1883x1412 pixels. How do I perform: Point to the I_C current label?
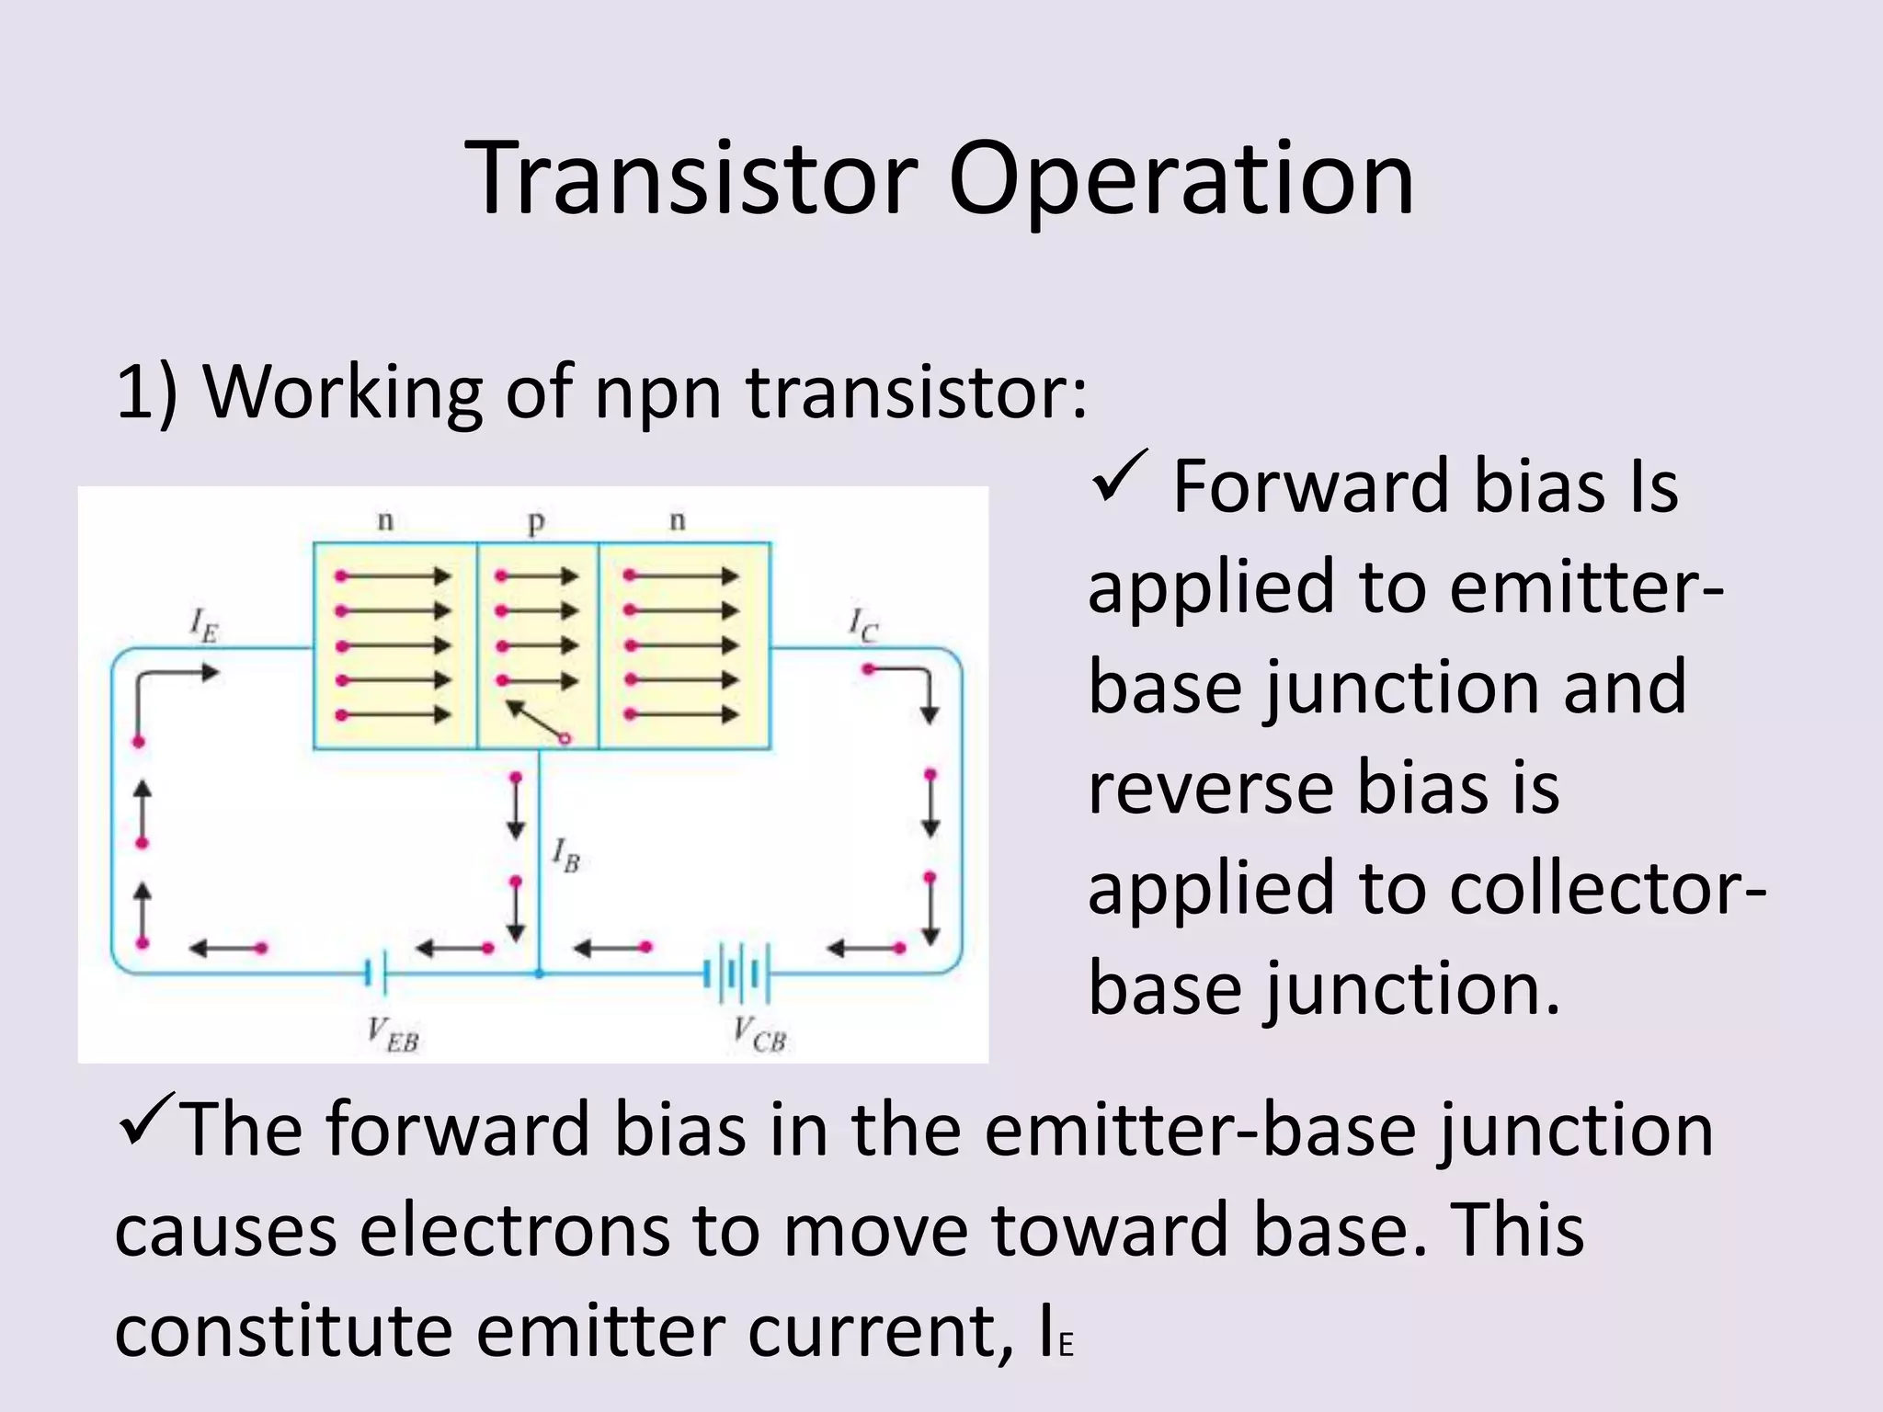point(862,625)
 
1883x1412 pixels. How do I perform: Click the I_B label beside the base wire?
point(565,856)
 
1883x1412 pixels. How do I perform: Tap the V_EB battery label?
point(393,1035)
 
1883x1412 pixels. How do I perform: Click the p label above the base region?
point(536,522)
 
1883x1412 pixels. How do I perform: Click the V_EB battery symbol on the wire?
point(377,973)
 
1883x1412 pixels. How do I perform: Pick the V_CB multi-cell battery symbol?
point(736,973)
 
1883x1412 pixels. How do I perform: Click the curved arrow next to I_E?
point(175,685)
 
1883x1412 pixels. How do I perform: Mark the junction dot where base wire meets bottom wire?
point(540,973)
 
